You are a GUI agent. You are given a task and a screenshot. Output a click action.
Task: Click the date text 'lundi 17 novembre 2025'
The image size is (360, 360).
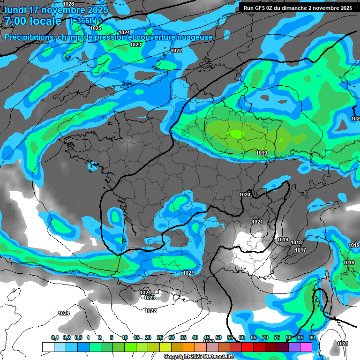(x=56, y=9)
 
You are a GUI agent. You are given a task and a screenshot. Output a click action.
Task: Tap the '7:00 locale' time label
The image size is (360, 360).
(x=33, y=21)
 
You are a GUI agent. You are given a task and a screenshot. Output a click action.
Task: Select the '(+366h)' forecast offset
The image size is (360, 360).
(x=83, y=21)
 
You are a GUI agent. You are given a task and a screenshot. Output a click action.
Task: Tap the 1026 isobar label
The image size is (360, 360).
(x=68, y=4)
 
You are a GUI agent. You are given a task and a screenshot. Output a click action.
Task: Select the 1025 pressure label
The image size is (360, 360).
(x=96, y=28)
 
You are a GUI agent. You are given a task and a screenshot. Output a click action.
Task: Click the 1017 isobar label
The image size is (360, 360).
(x=300, y=250)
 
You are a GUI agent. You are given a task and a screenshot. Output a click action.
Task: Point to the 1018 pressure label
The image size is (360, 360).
(x=296, y=242)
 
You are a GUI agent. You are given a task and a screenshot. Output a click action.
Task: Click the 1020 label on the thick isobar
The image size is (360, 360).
(x=245, y=195)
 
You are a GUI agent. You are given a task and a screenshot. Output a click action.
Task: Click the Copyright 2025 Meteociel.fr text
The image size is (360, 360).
(x=199, y=357)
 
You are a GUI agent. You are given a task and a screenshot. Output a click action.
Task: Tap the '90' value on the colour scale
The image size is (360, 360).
(x=312, y=338)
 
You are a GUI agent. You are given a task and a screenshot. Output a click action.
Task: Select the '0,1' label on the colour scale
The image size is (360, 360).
(x=55, y=338)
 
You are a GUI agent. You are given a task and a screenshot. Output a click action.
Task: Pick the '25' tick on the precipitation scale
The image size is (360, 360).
(x=160, y=338)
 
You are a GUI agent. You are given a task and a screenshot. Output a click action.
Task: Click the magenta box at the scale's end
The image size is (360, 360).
(x=306, y=347)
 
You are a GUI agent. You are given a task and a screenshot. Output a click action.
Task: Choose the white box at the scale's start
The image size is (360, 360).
(x=48, y=347)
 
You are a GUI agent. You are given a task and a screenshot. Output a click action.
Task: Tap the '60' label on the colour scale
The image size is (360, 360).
(x=241, y=338)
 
